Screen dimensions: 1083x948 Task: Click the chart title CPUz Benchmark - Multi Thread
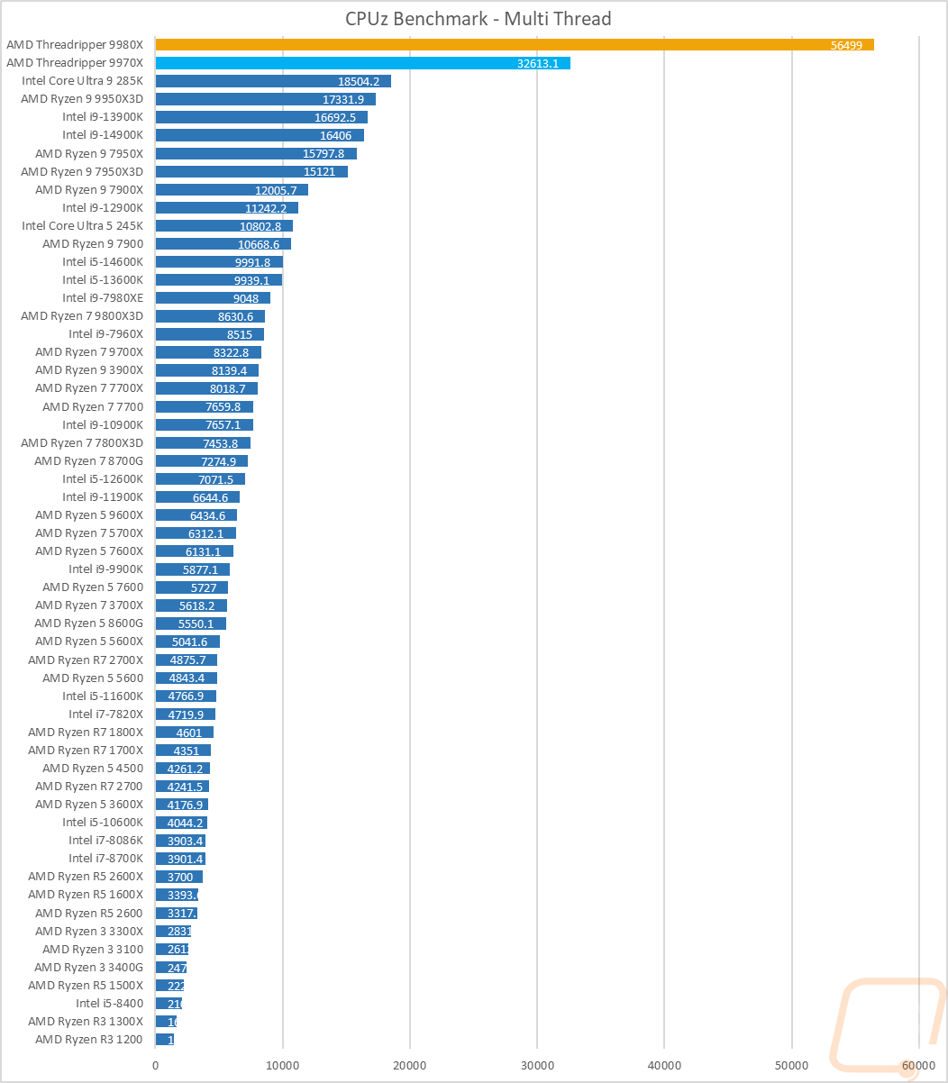point(478,18)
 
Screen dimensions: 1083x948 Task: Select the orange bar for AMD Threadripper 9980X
point(514,44)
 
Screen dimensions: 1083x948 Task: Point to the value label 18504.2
point(358,81)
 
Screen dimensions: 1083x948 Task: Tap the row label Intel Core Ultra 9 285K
point(82,80)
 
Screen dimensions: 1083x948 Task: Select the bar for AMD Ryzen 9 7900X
point(232,189)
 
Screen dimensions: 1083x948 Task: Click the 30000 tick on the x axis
point(537,1064)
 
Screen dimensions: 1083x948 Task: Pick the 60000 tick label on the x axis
point(918,1064)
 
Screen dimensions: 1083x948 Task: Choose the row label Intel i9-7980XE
point(102,297)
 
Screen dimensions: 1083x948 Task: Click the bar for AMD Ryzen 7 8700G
point(201,460)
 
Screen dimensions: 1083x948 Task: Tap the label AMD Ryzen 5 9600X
point(88,514)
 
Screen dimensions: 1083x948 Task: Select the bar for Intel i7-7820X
point(185,714)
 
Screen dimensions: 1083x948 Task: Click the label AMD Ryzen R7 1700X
point(85,750)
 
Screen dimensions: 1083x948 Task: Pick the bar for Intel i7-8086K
point(180,841)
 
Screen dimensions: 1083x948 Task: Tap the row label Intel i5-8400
point(109,1003)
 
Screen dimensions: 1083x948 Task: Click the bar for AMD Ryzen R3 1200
point(164,1039)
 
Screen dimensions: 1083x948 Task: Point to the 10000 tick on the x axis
point(283,1064)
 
